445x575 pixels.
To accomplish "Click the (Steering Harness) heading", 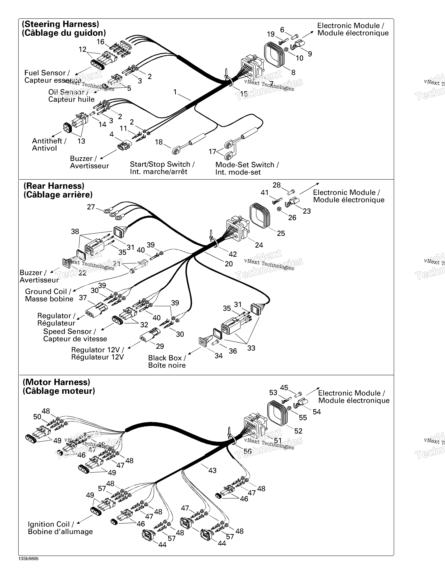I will pos(60,24).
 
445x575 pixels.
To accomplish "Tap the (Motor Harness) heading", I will pos(56,382).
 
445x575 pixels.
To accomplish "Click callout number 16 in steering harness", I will pos(101,42).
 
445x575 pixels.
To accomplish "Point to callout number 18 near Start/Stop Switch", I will pos(159,142).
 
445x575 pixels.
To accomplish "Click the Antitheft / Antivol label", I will pos(49,145).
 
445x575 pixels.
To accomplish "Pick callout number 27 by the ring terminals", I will pos(91,207).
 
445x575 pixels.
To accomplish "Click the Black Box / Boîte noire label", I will pos(167,362).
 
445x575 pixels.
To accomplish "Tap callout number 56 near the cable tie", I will pos(247,451).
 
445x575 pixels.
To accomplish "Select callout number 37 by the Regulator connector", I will pos(83,298).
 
